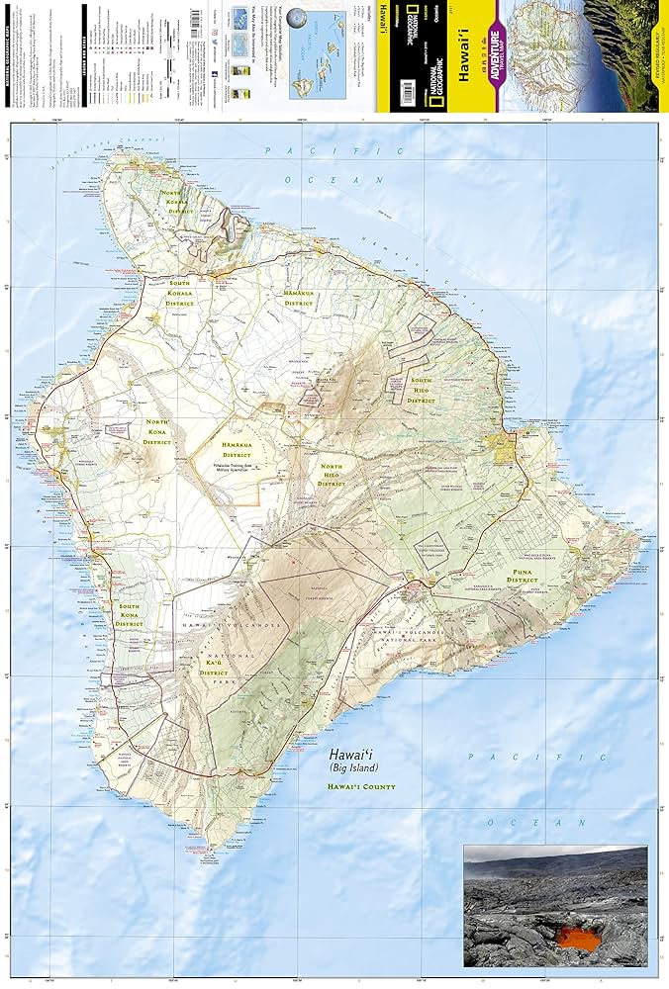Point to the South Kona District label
(x=129, y=614)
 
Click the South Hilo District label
(x=423, y=389)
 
